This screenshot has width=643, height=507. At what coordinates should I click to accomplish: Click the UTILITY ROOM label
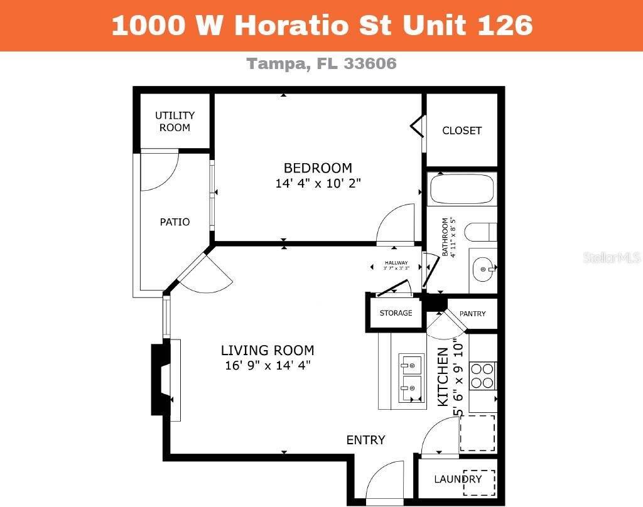pyautogui.click(x=175, y=121)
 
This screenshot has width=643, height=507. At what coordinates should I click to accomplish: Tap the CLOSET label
pyautogui.click(x=462, y=131)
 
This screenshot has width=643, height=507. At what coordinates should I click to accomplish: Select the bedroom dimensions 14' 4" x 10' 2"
pyautogui.click(x=318, y=184)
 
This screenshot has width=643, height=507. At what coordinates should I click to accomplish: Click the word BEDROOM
pyautogui.click(x=318, y=168)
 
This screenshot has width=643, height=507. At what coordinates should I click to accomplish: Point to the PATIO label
pyautogui.click(x=175, y=222)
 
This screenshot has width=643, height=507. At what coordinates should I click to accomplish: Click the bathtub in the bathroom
pyautogui.click(x=462, y=188)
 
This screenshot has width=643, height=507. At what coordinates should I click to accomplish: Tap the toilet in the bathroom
pyautogui.click(x=481, y=231)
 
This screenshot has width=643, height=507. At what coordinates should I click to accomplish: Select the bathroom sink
pyautogui.click(x=484, y=269)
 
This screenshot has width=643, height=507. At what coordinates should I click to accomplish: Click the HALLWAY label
pyautogui.click(x=396, y=263)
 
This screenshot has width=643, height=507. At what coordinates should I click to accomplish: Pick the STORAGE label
pyautogui.click(x=396, y=312)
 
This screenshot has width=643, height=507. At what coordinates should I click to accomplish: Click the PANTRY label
pyautogui.click(x=472, y=314)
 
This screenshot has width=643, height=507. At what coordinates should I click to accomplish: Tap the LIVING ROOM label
pyautogui.click(x=267, y=351)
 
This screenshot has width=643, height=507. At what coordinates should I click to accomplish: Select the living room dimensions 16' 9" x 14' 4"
pyautogui.click(x=267, y=366)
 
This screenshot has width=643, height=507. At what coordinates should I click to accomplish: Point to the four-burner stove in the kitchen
pyautogui.click(x=482, y=375)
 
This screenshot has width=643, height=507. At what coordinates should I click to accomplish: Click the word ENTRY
pyautogui.click(x=365, y=440)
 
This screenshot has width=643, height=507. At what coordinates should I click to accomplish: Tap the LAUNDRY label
pyautogui.click(x=458, y=479)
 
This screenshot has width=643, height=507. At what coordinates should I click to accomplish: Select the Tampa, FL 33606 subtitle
pyautogui.click(x=321, y=63)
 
